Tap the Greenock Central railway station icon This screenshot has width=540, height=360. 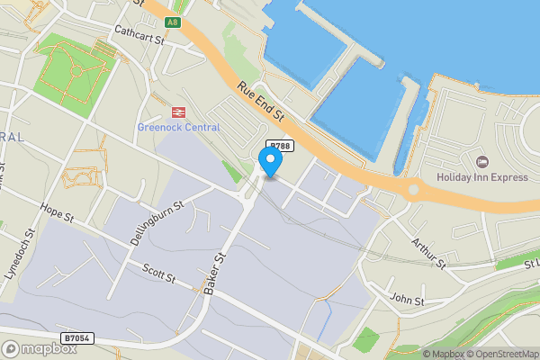[x=177, y=112]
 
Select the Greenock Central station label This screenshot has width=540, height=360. [x=178, y=127]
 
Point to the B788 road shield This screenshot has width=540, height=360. [x=281, y=146]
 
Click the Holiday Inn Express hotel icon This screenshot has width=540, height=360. [x=481, y=162]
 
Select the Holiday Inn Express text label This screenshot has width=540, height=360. [x=481, y=177]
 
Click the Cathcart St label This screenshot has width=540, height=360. [x=139, y=34]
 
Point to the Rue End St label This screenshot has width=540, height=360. [x=261, y=103]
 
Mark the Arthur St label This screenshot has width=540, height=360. [x=428, y=252]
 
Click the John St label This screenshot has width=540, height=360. [x=406, y=298]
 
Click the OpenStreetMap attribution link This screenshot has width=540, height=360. [x=502, y=353]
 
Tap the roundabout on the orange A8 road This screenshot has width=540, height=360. [x=414, y=189]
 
